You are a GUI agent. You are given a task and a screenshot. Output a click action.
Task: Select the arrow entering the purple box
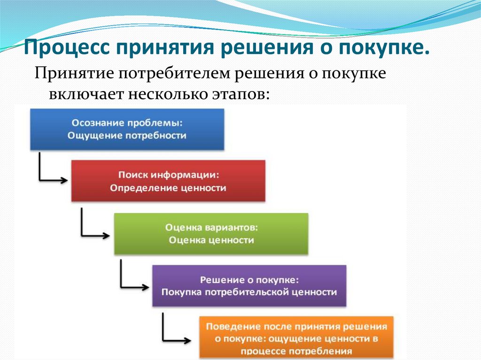[x=134, y=284]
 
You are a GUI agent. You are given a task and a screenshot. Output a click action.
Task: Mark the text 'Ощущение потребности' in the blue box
[x=127, y=135]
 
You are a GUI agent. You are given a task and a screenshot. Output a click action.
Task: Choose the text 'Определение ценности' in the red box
[x=168, y=188]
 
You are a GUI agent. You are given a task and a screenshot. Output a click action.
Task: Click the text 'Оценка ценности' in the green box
[x=211, y=240]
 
